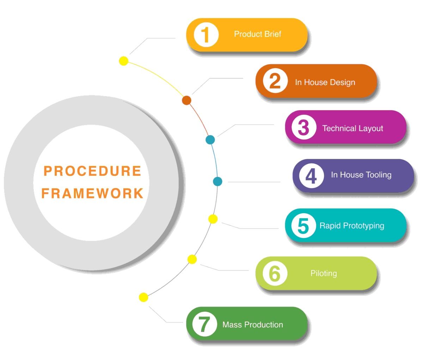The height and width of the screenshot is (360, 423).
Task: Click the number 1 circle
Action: pos(206,35)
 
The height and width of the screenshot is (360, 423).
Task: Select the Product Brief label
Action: pos(257,34)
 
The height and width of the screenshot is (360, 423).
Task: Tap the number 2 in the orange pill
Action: pos(275,81)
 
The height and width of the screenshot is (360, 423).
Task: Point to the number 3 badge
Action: pos(304,127)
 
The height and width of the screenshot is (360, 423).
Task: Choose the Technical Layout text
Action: pos(352,128)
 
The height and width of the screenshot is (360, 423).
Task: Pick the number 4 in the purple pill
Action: pos(312,176)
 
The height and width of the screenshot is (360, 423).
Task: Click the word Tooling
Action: pos(378,175)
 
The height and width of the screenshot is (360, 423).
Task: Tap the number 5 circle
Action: pos(304,226)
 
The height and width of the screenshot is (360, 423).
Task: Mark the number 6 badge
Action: pos(275,273)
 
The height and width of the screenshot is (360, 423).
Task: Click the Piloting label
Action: pos(324,273)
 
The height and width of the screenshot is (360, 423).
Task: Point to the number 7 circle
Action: pos(205,324)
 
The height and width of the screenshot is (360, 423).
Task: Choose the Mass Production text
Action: pos(253,325)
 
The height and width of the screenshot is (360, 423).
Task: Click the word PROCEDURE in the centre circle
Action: pos(92,171)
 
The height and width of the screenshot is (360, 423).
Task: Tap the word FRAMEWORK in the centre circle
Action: pos(92,193)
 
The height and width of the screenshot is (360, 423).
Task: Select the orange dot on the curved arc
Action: pos(186,100)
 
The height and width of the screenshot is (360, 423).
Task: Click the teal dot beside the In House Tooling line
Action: pos(217,181)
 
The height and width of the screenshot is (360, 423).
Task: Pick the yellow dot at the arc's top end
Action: pos(124,61)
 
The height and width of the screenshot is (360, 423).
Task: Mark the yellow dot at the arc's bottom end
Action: pos(143,297)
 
